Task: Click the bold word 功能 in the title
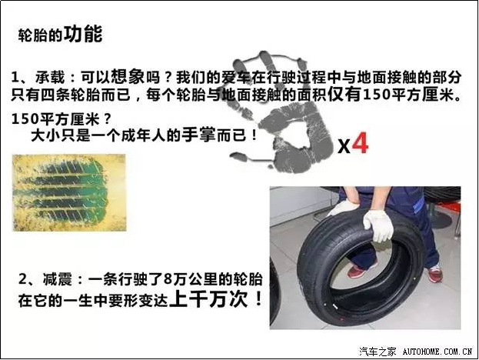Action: [83, 34]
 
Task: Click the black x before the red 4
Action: [344, 146]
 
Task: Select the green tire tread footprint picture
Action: [69, 192]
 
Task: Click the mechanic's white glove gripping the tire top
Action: [378, 225]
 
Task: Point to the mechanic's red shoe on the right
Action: [435, 273]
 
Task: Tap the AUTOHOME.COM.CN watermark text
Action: [437, 352]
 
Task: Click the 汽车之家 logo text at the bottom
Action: [378, 352]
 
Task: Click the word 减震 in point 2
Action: [58, 279]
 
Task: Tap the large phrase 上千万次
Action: [208, 298]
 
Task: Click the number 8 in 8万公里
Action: [168, 279]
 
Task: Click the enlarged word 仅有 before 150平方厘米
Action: [345, 94]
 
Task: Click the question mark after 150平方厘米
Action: [107, 119]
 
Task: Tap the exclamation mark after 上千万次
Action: [258, 298]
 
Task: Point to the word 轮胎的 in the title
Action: [40, 35]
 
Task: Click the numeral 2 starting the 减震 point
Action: [22, 279]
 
